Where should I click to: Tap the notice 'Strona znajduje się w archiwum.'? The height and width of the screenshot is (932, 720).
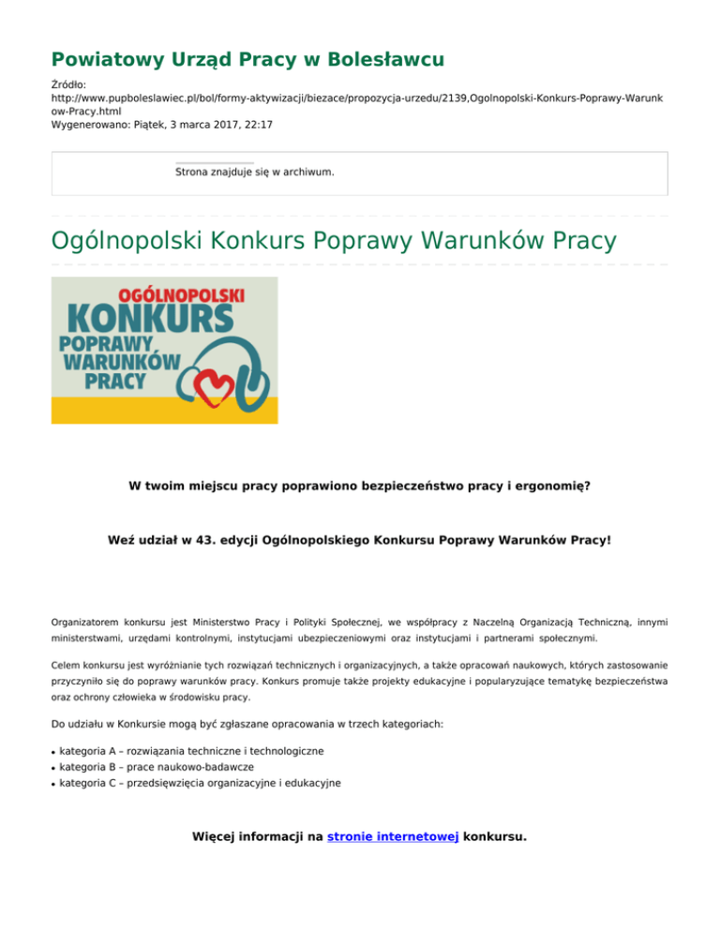[255, 173]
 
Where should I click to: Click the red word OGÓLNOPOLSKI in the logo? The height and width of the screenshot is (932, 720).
[181, 294]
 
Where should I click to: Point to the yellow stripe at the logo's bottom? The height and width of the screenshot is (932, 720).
[164, 410]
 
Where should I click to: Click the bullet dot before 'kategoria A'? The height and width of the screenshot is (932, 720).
[53, 752]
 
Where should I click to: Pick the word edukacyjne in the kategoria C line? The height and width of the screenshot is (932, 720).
[309, 782]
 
